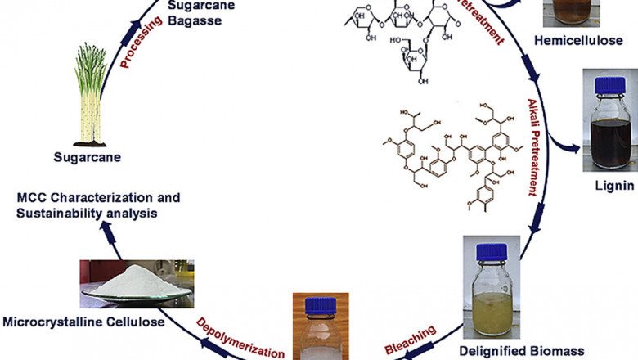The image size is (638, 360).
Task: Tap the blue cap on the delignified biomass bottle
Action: (x=491, y=249)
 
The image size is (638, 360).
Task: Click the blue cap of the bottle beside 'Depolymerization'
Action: (x=317, y=305)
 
